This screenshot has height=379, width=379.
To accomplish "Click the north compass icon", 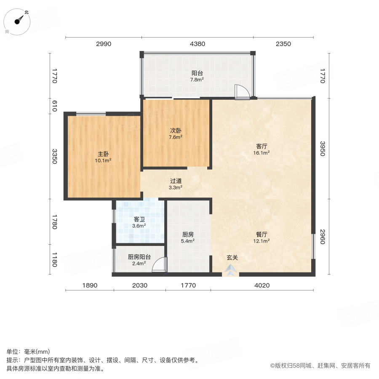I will pyautogui.click(x=19, y=20).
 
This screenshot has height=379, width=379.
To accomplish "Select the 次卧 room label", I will pyautogui.click(x=176, y=131).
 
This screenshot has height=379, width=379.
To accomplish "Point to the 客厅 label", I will pyautogui.click(x=262, y=147).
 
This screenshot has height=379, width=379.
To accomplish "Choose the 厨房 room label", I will pyautogui.click(x=188, y=235).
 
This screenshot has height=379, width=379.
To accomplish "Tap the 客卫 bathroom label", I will pyautogui.click(x=139, y=219).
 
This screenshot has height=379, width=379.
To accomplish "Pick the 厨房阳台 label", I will pyautogui.click(x=137, y=257).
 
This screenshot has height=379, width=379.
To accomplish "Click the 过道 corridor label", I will pyautogui.click(x=176, y=181).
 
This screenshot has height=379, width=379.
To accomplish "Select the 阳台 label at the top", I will pyautogui.click(x=197, y=72).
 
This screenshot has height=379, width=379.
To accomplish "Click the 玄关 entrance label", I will pyautogui.click(x=232, y=258).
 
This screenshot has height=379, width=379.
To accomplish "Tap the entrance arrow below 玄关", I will pyautogui.click(x=230, y=271).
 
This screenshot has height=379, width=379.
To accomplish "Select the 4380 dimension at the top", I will pyautogui.click(x=197, y=44).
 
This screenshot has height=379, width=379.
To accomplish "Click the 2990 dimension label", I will pyautogui.click(x=103, y=44).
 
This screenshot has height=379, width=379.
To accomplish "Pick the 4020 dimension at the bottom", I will pyautogui.click(x=262, y=286).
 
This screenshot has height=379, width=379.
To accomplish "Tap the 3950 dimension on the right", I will pyautogui.click(x=323, y=149).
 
